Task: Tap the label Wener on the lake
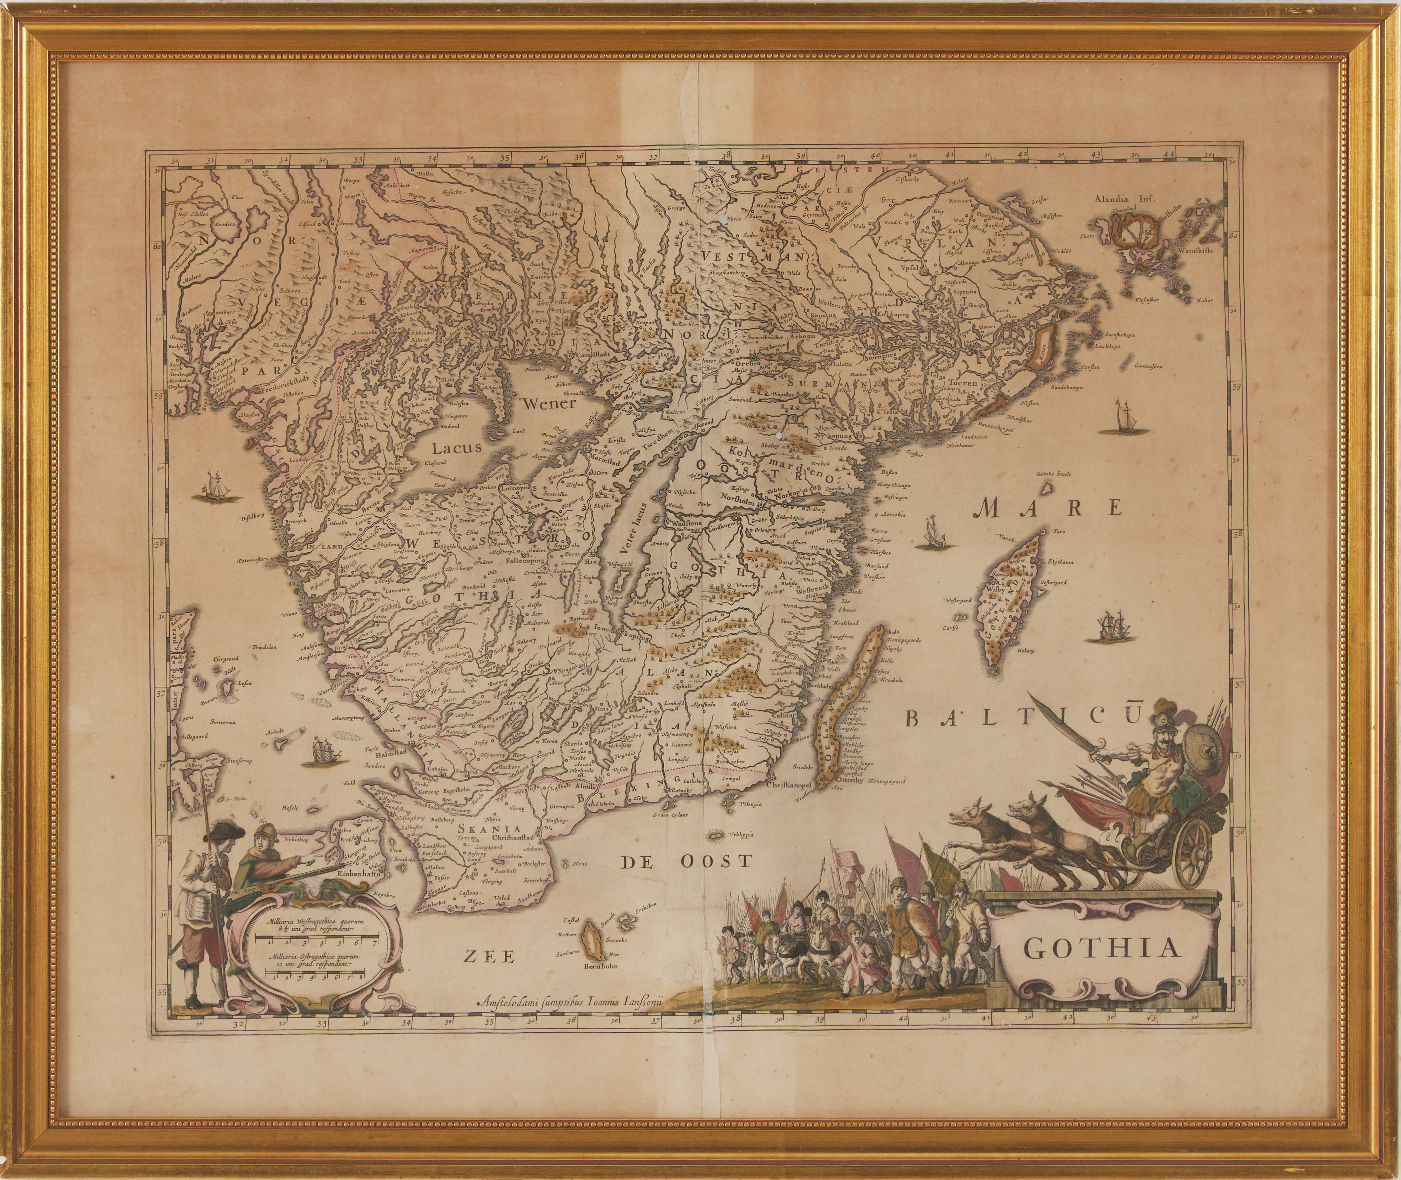[549, 404]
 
